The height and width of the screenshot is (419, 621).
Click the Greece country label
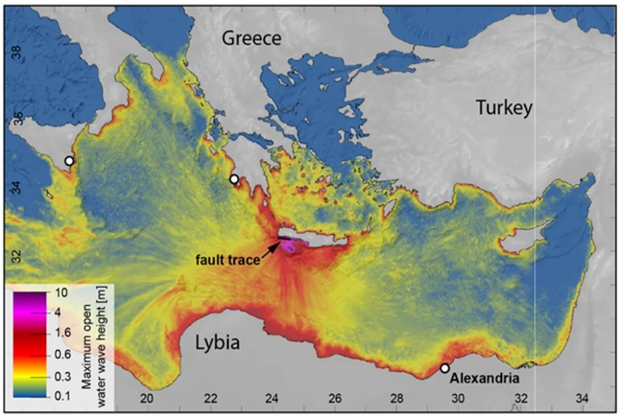pos(252,39)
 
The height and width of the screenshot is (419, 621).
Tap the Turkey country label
pos(504,108)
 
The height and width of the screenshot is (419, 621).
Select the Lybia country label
pos(217,343)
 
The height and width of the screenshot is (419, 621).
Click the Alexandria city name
pos(485,379)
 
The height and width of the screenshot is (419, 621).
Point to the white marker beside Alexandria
pos(445,368)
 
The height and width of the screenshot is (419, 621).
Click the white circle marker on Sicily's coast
pos(69,161)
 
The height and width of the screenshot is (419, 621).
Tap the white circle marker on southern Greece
pos(234,179)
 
